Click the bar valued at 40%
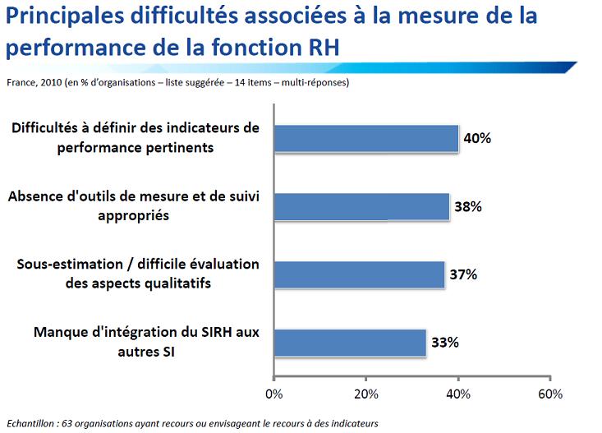[x=365, y=139]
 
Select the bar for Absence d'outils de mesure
[x=361, y=207]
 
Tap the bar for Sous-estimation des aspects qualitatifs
[x=358, y=274]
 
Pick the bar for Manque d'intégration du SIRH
[x=349, y=343]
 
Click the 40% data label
[x=477, y=139]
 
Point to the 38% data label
[x=467, y=207]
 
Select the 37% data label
[x=463, y=274]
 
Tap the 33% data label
[x=444, y=343]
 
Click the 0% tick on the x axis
[x=274, y=393]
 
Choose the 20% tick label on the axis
[x=366, y=393]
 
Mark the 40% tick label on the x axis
[x=458, y=393]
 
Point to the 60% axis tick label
[x=549, y=393]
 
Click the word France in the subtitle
[x=21, y=82]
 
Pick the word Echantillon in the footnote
[x=30, y=423]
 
